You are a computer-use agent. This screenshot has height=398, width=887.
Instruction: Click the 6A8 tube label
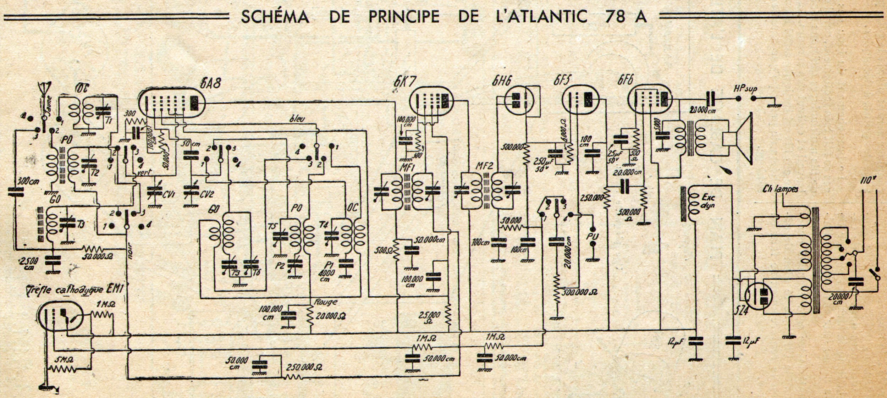211,84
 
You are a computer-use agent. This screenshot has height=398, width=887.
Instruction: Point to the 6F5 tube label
563,81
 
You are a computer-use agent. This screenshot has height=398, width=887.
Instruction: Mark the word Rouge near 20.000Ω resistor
326,302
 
